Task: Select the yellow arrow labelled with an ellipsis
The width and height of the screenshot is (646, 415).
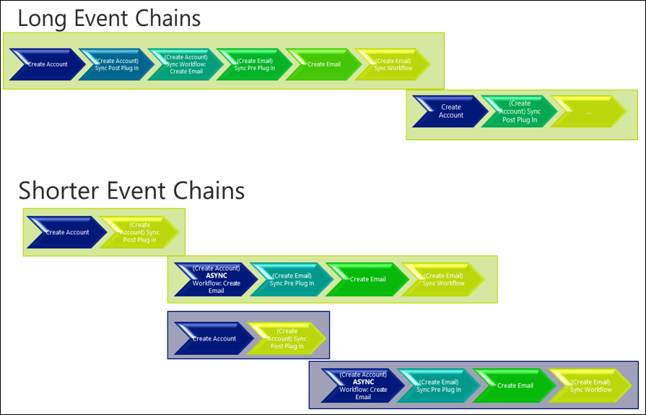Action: click(x=589, y=112)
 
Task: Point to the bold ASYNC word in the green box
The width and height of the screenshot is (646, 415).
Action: click(x=217, y=275)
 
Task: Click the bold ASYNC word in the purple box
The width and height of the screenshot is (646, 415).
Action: click(x=363, y=382)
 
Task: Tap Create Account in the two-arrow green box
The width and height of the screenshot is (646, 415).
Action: click(x=66, y=233)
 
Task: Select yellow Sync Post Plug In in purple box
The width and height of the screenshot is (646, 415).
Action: click(x=287, y=338)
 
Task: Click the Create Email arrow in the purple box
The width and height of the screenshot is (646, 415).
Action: click(x=515, y=385)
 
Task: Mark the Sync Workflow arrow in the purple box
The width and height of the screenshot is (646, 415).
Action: click(x=590, y=385)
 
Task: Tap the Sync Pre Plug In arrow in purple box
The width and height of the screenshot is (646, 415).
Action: click(x=439, y=385)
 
